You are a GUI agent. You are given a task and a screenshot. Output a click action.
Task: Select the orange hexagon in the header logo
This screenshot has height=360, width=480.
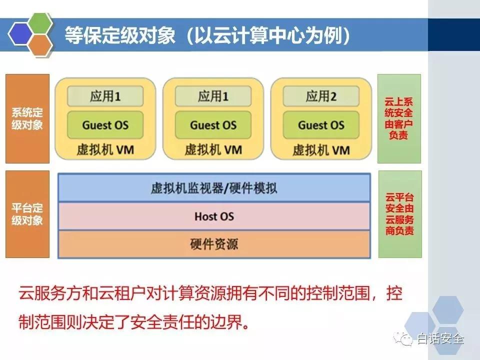(x=40, y=45)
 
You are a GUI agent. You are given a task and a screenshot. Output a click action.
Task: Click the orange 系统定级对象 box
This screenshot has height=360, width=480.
(x=27, y=118)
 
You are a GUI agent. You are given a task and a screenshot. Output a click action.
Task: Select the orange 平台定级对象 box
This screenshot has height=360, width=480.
(x=27, y=214)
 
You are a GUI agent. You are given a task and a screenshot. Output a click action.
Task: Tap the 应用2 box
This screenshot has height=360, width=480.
(x=321, y=96)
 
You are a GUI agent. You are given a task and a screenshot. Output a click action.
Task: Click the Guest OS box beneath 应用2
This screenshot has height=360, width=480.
(x=321, y=125)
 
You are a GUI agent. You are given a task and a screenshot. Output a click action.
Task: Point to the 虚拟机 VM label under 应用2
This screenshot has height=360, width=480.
(x=321, y=150)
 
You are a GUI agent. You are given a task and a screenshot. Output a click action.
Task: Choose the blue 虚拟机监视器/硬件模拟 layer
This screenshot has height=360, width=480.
(x=214, y=187)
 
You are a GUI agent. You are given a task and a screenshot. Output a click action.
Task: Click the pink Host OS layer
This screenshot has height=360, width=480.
(x=214, y=216)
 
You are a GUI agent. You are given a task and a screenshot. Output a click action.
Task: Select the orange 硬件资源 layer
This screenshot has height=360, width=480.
(x=214, y=244)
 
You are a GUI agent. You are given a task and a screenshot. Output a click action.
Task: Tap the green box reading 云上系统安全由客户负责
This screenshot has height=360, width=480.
(x=399, y=118)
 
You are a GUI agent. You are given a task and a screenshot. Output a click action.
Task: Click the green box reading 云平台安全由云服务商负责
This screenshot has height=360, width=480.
(x=400, y=214)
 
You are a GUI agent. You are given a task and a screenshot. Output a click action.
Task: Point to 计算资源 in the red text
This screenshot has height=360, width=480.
(x=194, y=293)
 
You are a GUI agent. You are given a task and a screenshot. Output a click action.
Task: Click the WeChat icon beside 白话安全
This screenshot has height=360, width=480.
(x=403, y=339)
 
